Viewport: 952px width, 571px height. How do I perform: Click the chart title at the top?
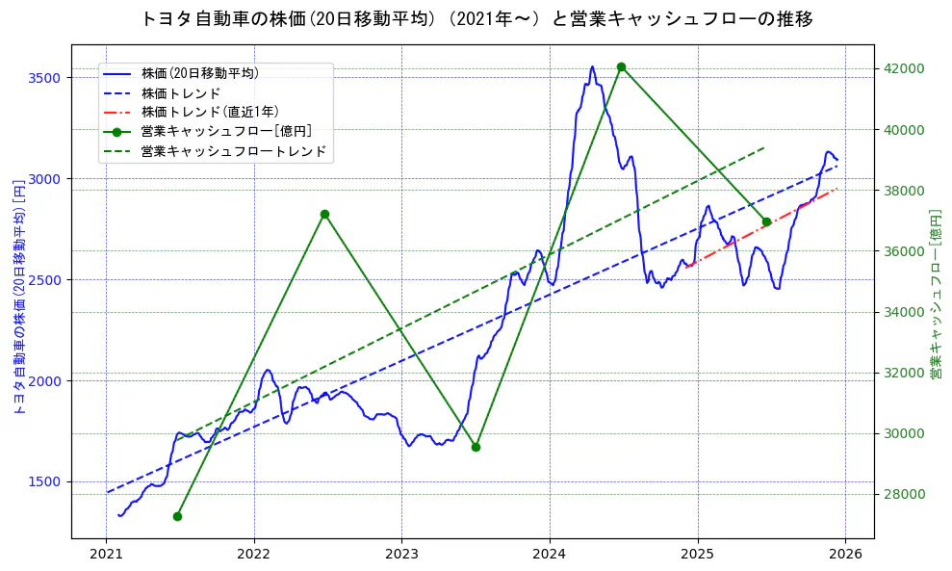pos(476,18)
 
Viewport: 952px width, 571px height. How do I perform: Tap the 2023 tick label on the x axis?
pos(401,557)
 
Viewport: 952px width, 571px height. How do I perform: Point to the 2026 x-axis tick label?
pos(844,557)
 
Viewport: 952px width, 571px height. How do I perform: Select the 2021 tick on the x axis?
pos(107,557)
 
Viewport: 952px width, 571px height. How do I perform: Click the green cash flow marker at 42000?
pos(621,67)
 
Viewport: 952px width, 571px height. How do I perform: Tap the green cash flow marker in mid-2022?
pos(324,214)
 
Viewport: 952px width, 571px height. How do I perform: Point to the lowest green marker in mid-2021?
pos(177,516)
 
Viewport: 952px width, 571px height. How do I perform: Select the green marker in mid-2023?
pos(476,447)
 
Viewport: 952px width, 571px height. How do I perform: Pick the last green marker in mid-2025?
pos(766,222)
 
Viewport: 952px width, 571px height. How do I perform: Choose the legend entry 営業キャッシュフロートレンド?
pos(234,151)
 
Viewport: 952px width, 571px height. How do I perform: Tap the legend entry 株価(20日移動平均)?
pos(199,72)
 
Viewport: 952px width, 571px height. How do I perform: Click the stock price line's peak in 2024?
pos(592,66)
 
